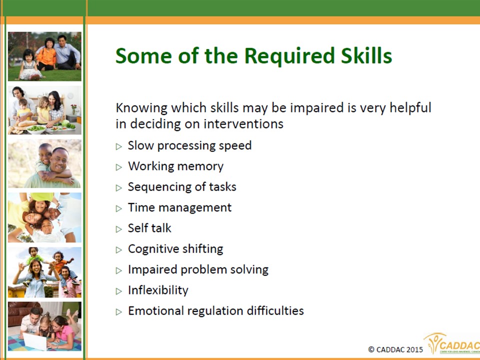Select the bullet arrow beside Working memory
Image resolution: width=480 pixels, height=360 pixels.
point(119,167)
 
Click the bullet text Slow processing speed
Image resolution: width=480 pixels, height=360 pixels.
point(189,145)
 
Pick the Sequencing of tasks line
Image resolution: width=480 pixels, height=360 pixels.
point(182,186)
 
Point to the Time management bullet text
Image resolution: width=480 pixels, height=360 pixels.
point(179,207)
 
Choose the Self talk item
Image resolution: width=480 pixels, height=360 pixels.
point(149,228)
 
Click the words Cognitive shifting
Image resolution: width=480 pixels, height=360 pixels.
point(175,249)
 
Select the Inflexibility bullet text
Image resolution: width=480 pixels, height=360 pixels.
point(158,290)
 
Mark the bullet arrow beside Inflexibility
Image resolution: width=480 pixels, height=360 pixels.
point(119,291)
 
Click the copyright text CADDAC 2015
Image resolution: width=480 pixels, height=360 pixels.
point(395,349)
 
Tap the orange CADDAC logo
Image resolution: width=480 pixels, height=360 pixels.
point(452,343)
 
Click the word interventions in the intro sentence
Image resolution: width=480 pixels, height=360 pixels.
point(243,124)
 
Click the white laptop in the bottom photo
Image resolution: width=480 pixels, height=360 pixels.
point(35,341)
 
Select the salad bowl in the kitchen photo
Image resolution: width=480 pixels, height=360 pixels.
point(36,129)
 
